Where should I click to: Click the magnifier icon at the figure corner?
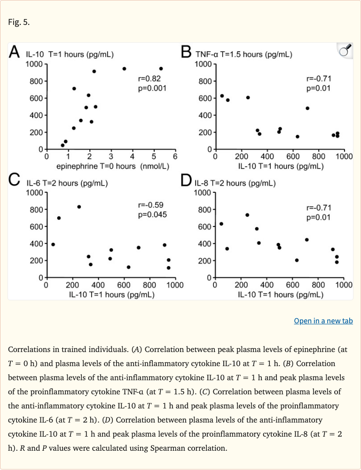coord(345,51)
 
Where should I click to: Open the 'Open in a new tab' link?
coord(323,321)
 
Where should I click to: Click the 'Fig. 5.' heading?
coord(19,22)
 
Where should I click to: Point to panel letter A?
coord(15,52)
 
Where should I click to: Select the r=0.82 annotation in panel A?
coord(149,79)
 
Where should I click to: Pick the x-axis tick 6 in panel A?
coord(175,157)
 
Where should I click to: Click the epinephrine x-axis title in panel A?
coord(113,166)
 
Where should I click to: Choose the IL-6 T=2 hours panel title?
coord(67,183)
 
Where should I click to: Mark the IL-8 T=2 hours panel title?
coord(235,183)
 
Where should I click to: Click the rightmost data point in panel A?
coord(161,69)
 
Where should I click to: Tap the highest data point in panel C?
coord(79,207)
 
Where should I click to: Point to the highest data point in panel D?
coord(247,215)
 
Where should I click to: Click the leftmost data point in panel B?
coord(222,96)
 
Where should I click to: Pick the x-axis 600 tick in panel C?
coord(124,284)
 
